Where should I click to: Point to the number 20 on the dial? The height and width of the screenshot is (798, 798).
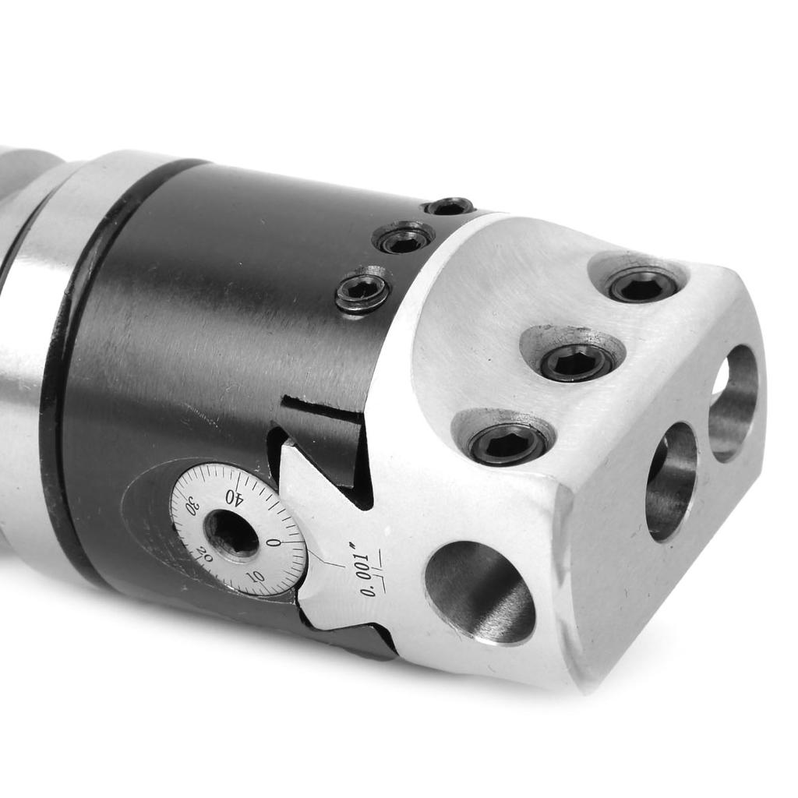[x=204, y=555]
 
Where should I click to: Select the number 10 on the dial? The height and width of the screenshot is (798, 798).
[x=255, y=577]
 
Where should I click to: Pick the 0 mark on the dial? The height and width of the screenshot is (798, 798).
[x=273, y=542]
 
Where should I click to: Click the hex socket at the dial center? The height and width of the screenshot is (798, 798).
[x=231, y=535]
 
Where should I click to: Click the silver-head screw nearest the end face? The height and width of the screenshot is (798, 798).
[x=643, y=284]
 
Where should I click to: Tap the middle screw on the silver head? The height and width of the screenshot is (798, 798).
[x=576, y=362]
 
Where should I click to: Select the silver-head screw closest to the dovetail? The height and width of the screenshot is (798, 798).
[x=507, y=443]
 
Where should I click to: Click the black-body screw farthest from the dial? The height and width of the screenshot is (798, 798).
[x=450, y=207]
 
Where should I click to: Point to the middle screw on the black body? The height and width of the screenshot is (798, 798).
[x=404, y=239]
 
